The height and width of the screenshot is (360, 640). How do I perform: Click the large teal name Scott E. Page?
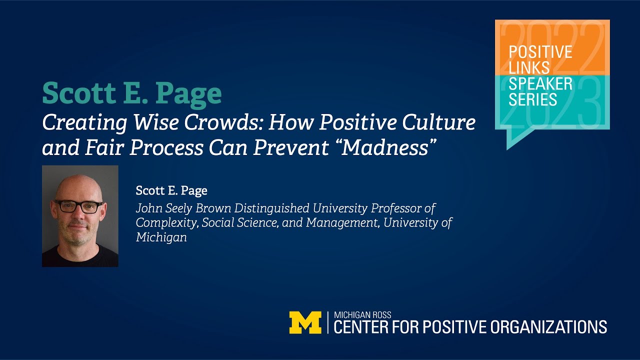132,93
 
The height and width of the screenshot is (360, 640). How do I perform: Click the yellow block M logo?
305,323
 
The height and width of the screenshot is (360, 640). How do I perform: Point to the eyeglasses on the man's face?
78,206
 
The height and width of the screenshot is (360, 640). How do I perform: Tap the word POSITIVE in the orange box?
540,52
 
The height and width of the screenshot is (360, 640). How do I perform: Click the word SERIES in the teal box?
532,99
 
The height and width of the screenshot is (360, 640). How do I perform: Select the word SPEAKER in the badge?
540,83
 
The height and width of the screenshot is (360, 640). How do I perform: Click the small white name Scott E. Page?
171,190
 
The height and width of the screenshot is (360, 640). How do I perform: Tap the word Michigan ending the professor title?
161,237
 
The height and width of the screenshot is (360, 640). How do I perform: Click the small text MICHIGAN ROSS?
362,315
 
